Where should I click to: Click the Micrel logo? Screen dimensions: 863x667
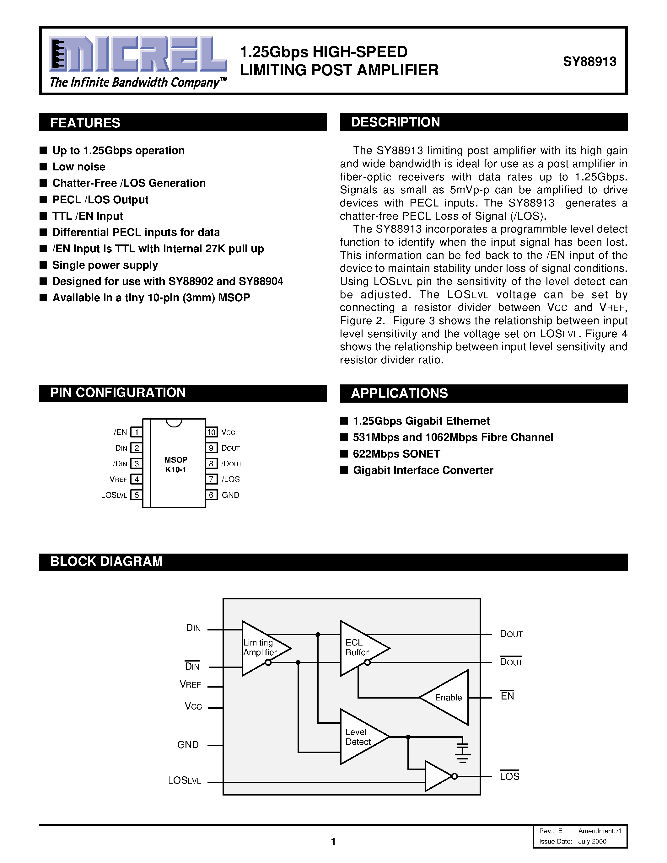[x=137, y=55]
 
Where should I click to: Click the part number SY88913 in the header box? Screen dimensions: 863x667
[x=589, y=62]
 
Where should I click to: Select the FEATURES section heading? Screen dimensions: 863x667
[x=85, y=123]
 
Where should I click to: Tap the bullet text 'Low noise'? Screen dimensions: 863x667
[x=79, y=167]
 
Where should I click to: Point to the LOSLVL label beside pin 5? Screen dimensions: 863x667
[x=114, y=495]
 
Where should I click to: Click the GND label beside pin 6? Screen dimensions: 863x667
[x=230, y=495]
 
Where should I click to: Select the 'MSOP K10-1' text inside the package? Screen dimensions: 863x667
[x=176, y=465]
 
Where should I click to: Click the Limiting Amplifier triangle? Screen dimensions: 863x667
[x=263, y=648]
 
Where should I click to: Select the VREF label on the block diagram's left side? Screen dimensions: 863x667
[x=191, y=685]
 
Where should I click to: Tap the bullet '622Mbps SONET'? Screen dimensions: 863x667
[x=396, y=454]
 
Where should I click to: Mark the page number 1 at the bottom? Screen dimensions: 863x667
[x=333, y=842]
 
